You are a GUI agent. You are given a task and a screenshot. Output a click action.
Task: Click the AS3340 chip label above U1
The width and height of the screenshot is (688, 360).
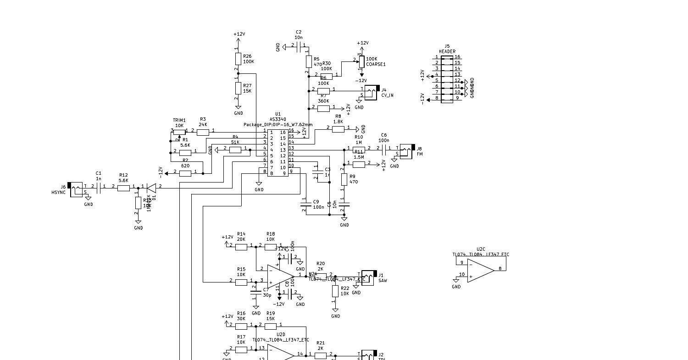(277, 119)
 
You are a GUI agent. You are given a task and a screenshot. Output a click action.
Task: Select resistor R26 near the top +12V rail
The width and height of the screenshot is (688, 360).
(238, 59)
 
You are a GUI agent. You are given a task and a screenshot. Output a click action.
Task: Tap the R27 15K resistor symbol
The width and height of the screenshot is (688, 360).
(238, 88)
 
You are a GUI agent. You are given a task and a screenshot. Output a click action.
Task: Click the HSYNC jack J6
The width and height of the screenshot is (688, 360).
(76, 189)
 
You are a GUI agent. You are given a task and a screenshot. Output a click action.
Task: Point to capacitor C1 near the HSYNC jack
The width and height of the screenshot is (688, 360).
(99, 187)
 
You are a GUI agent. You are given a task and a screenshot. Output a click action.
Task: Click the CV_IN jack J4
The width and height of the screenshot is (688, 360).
(372, 92)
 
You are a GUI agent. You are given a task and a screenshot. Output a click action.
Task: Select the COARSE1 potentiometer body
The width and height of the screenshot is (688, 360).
(361, 61)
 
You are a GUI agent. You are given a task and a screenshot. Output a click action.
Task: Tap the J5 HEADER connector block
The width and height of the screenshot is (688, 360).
(447, 79)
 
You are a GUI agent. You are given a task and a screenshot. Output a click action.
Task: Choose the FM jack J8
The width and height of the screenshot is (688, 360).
(406, 151)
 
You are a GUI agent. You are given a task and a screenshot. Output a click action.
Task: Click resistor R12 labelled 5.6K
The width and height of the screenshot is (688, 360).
(123, 187)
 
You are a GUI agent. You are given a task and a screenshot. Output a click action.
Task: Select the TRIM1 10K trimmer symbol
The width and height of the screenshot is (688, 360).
(179, 132)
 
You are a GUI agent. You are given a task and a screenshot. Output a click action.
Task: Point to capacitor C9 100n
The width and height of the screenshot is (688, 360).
(304, 205)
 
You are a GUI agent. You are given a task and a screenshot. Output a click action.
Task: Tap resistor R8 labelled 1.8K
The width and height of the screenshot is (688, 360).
(338, 129)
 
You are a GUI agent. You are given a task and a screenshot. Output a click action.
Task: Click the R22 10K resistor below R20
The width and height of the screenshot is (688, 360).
(335, 291)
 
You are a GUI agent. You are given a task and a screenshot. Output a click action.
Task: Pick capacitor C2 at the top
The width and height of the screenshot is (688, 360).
(299, 47)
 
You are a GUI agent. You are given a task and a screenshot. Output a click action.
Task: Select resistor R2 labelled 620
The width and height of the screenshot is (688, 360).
(185, 173)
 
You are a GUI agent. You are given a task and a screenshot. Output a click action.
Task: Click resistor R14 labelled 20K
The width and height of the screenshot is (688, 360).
(241, 247)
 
